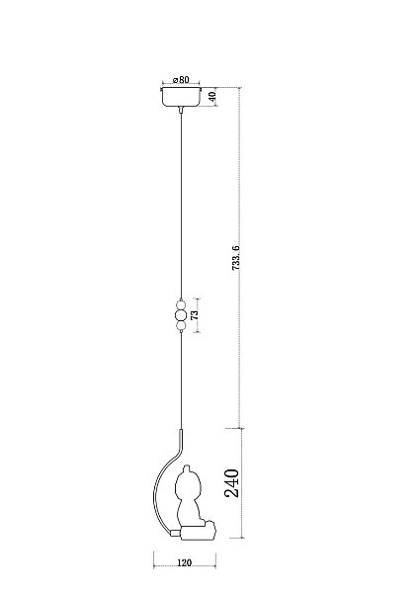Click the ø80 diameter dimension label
pyautogui.click(x=181, y=80)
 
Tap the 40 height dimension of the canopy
pyautogui.click(x=212, y=97)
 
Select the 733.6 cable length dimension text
pyautogui.click(x=235, y=258)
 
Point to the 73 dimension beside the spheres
pyautogui.click(x=195, y=314)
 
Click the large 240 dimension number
pyautogui.click(x=232, y=483)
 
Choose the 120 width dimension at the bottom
pyautogui.click(x=184, y=563)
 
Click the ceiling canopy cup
pyautogui.click(x=181, y=97)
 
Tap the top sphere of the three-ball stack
pyautogui.click(x=181, y=304)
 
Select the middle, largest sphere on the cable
pyautogui.click(x=181, y=315)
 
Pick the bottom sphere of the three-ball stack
pyautogui.click(x=181, y=325)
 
